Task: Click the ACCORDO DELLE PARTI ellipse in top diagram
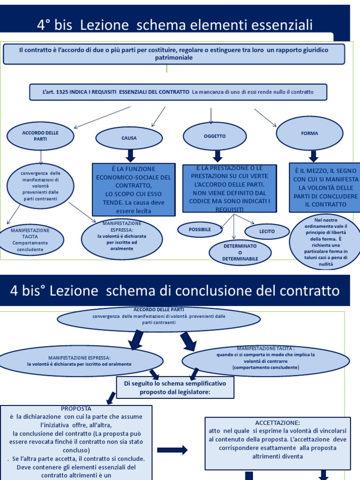(x=40, y=136)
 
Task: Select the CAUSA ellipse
(x=129, y=138)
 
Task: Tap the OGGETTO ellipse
(x=215, y=136)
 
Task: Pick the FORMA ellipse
(x=309, y=134)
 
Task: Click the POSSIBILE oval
(x=200, y=229)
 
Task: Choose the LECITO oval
(x=267, y=231)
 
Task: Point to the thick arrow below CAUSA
(x=130, y=156)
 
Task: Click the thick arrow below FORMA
(x=314, y=156)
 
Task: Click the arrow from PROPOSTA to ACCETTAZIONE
(x=172, y=450)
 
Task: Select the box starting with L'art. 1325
(x=178, y=92)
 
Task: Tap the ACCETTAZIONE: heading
(x=277, y=422)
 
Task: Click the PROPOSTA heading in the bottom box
(x=76, y=408)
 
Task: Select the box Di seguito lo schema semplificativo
(x=175, y=388)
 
